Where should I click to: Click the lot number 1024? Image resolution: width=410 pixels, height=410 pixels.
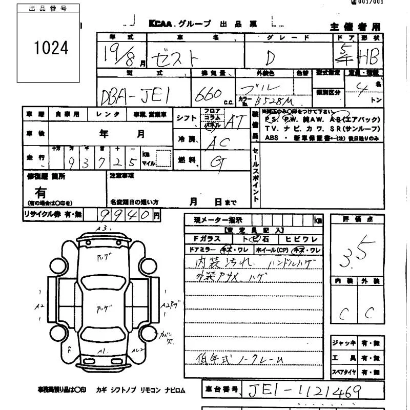pos(51,48)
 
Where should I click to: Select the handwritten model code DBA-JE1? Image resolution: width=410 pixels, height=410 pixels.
pos(137,94)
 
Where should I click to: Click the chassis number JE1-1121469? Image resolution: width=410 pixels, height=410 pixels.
pos(304,392)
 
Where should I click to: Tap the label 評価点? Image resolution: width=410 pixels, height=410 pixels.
pos(357,219)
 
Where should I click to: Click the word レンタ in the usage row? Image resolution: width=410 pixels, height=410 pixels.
pos(108,114)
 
